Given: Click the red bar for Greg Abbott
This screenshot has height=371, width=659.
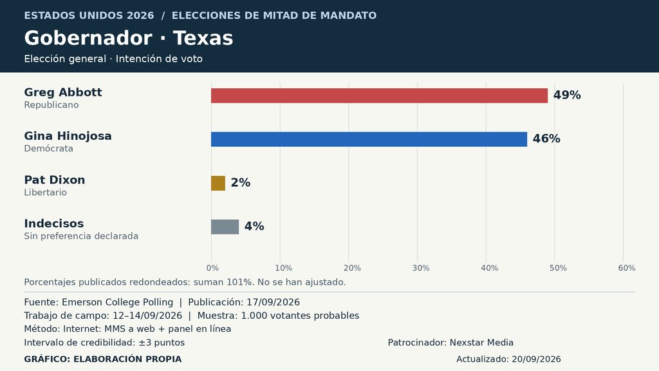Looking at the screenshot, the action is click(379, 95).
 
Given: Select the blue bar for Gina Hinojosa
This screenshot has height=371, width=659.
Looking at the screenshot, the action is click(369, 139).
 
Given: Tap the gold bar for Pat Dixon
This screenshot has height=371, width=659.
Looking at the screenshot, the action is click(218, 183).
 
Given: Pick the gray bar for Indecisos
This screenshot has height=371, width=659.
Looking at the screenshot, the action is click(225, 227).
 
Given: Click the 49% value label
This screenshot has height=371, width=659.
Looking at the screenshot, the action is click(567, 95).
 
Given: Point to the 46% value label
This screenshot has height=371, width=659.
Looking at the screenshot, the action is click(546, 139).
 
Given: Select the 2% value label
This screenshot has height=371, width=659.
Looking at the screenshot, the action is click(241, 182).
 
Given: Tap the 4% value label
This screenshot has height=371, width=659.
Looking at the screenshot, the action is click(254, 226).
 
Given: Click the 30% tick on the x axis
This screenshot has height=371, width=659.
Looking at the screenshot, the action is click(421, 268).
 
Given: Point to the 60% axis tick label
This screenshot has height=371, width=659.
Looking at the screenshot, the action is click(627, 268).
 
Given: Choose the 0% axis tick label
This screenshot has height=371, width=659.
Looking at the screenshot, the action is click(212, 268).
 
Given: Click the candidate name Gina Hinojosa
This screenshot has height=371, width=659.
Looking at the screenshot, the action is click(68, 136).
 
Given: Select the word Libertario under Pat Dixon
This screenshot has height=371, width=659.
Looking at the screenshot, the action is click(46, 192).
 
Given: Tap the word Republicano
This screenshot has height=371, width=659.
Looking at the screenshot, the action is click(51, 105).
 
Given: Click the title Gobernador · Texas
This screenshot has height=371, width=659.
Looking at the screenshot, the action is click(129, 38).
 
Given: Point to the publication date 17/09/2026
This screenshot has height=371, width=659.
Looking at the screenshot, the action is click(273, 302).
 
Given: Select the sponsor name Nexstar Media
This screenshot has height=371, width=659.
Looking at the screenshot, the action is click(481, 343).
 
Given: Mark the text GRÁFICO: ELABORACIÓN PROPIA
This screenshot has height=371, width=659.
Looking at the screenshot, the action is click(103, 359).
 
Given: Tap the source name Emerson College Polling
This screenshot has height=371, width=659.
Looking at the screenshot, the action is click(117, 302).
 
